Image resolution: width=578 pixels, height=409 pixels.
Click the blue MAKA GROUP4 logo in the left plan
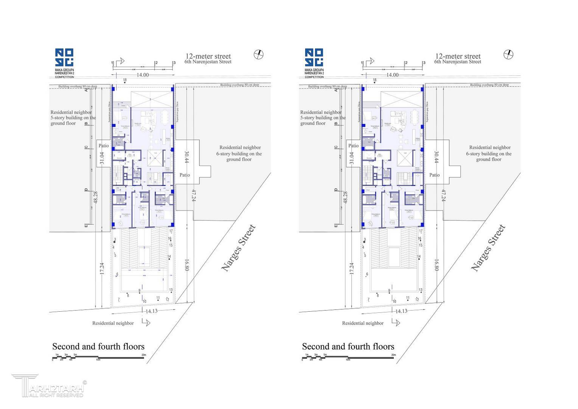tap(64, 58)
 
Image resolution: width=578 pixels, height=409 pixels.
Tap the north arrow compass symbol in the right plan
tap(508, 55)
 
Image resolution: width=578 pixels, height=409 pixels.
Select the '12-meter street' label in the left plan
tap(208, 56)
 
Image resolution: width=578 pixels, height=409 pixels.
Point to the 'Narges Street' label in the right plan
tap(488, 248)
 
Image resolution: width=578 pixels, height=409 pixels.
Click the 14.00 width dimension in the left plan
tap(142, 75)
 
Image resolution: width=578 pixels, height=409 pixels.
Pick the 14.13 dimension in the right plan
tap(401, 311)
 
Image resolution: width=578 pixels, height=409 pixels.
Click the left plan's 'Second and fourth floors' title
tap(98, 347)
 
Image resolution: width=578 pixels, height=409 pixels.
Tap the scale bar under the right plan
tap(348, 357)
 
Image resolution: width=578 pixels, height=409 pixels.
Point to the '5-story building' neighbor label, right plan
tap(323, 118)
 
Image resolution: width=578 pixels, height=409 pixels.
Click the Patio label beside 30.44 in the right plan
tap(434, 175)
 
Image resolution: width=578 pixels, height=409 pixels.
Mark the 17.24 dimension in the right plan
tap(351, 269)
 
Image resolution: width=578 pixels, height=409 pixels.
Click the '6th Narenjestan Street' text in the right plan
tap(458, 62)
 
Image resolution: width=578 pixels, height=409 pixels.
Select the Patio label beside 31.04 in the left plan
tap(104, 146)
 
